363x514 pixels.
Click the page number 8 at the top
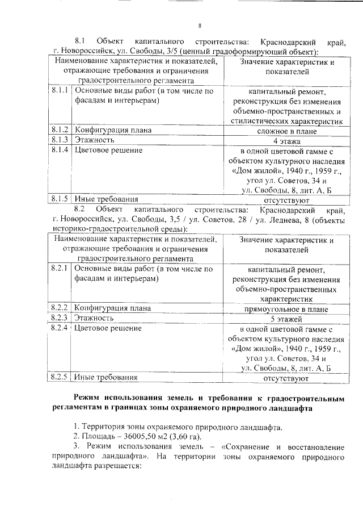200,25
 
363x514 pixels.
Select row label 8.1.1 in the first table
60,90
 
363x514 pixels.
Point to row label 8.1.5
60,199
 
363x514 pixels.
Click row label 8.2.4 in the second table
60,328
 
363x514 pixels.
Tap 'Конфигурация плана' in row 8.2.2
113,308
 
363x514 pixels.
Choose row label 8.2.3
60,318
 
